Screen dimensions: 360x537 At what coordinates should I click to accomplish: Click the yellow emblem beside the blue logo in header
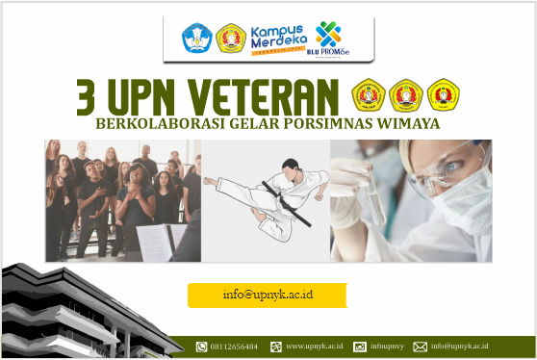pos(230,38)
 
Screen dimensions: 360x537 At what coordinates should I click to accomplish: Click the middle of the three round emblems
pos(406,94)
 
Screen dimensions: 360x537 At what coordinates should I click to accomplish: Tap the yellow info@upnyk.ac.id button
pos(267,296)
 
